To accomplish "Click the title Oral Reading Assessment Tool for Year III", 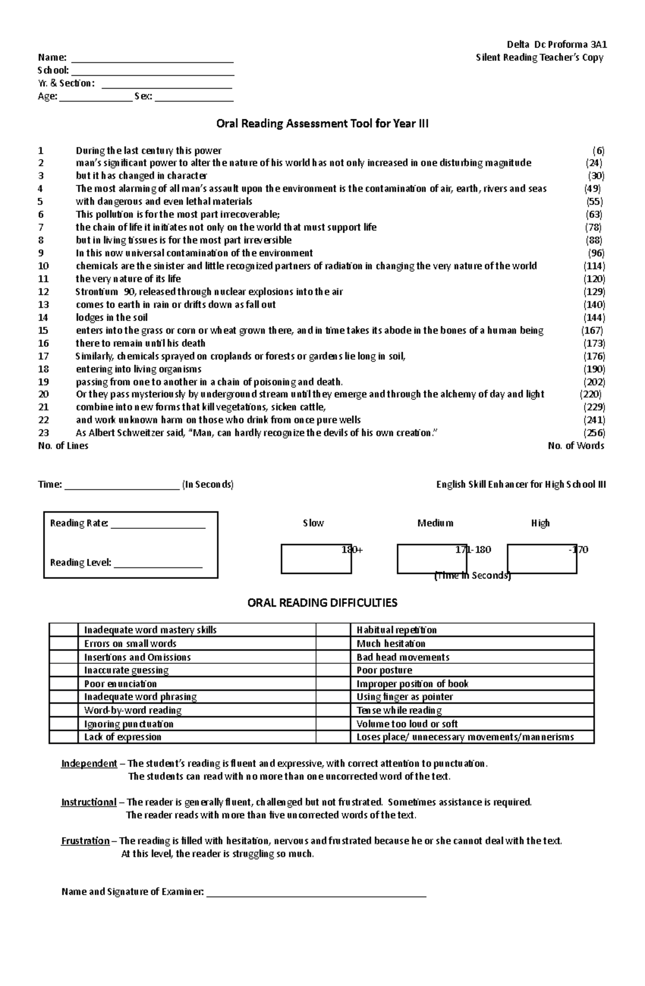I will point(322,124).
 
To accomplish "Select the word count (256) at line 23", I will point(594,433).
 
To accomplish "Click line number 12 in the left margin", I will point(44,292).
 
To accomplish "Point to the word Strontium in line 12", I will point(97,292).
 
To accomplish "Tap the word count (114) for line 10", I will point(594,266).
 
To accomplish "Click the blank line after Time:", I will point(121,488).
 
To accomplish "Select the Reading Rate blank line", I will point(158,527).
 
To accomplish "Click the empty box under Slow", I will point(316,559).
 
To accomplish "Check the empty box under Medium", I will point(432,559).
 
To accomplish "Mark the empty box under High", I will point(541,559).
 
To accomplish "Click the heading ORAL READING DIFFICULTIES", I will point(322,603).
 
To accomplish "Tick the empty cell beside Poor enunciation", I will point(63,684).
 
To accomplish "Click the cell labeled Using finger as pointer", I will point(405,697).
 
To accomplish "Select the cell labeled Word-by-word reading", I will point(133,710).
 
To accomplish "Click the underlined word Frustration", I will point(85,841).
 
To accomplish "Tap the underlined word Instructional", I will point(89,802).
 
